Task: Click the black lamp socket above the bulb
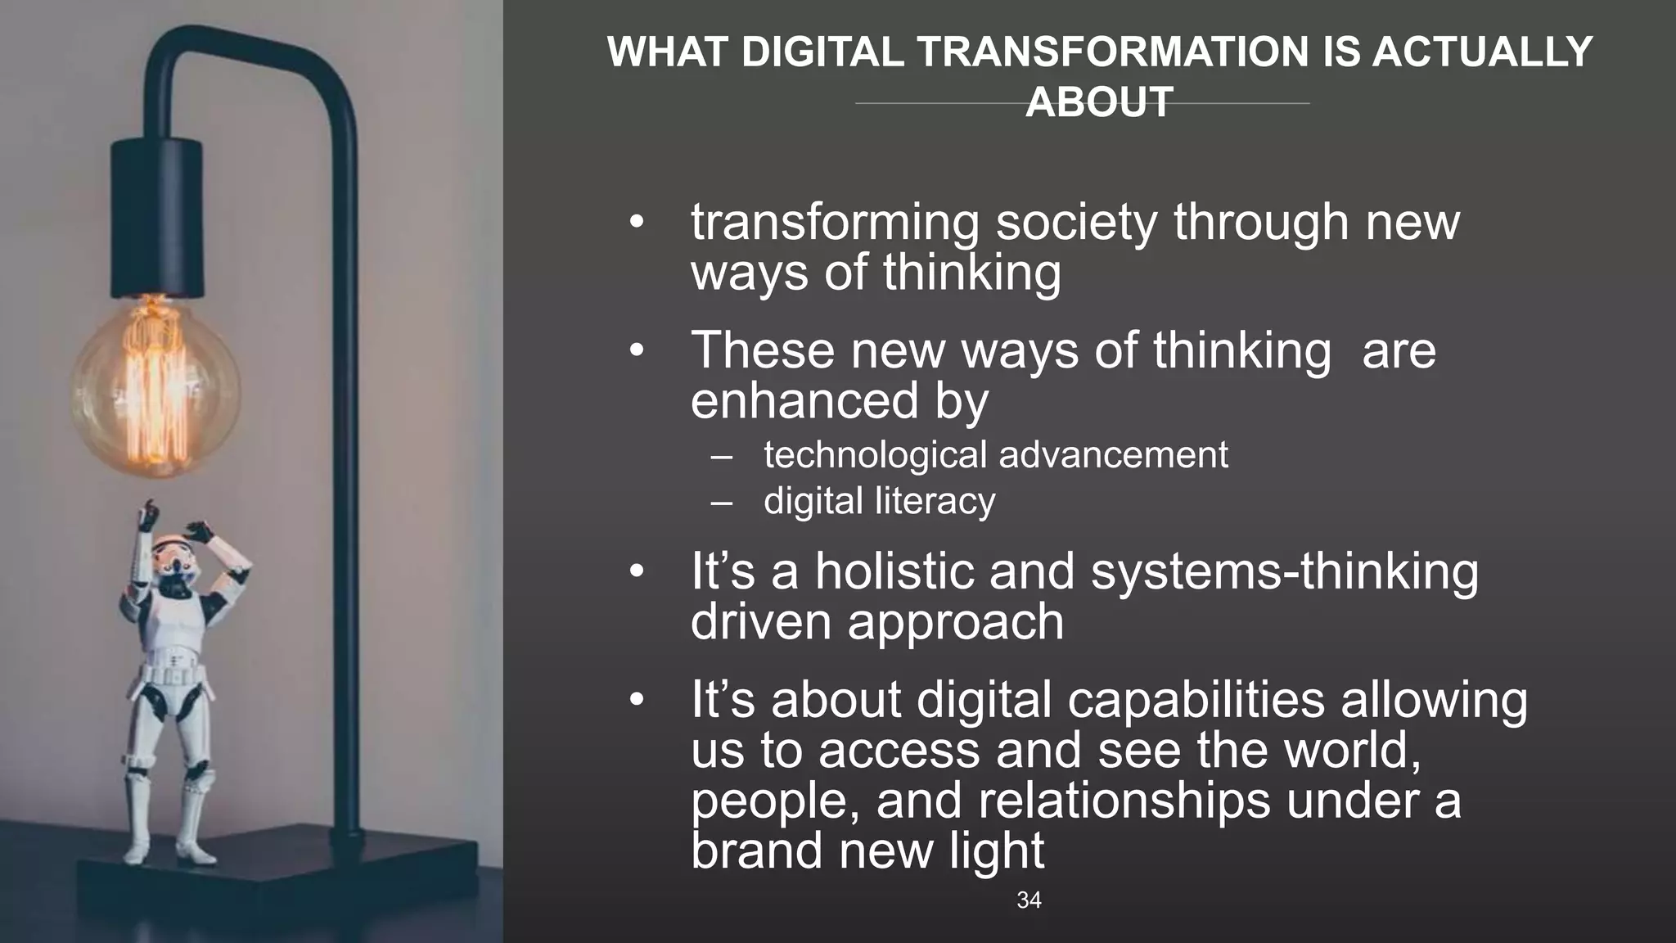[x=156, y=217]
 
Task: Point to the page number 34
[x=1029, y=900]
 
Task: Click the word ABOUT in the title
[x=1099, y=102]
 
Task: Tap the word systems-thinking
[x=1284, y=571]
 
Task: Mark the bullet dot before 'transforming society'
[x=638, y=223]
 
